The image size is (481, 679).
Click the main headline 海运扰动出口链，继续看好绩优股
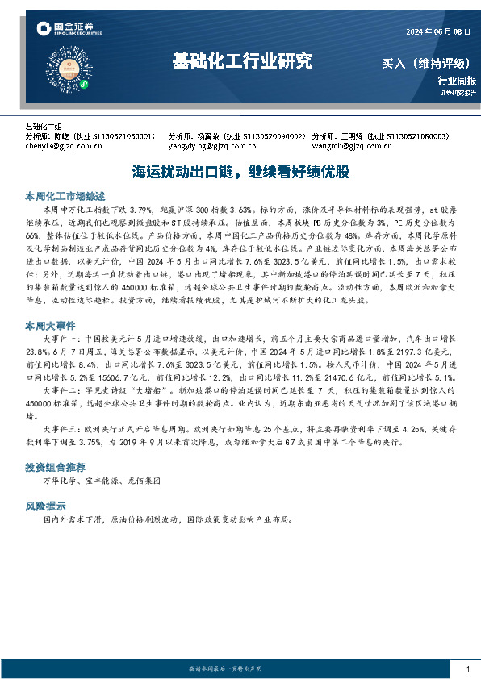pos(240,171)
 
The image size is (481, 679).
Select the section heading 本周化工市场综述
pos(60,196)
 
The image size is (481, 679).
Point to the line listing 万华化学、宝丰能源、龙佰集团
pos(101,481)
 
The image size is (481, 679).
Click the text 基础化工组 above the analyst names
pos(44,127)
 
